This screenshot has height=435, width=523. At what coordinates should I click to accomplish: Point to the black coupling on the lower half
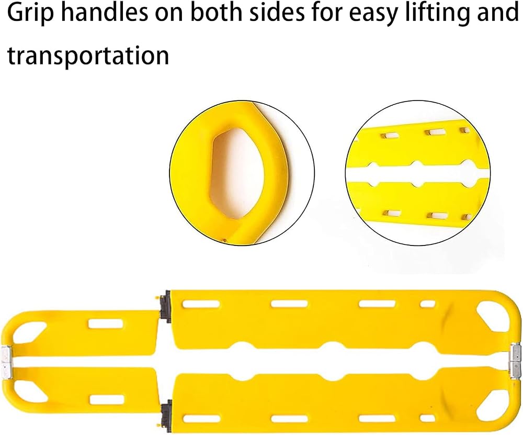point(166,417)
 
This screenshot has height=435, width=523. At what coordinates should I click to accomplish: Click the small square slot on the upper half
point(427,304)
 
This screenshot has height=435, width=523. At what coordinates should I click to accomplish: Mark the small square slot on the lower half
point(428,418)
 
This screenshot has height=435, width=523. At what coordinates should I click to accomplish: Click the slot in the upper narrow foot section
point(105,323)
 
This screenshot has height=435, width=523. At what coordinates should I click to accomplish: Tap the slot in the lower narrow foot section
point(107,399)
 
